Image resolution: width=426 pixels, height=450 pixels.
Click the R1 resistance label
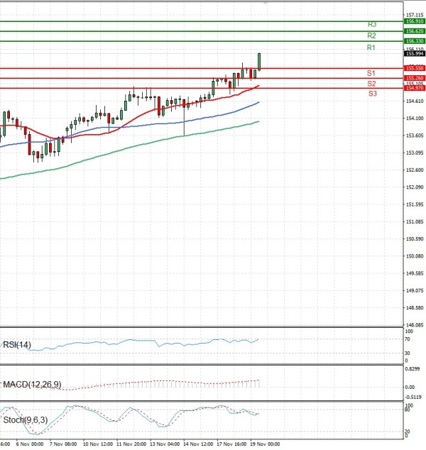tap(371, 48)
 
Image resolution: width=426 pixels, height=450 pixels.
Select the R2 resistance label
tap(371, 35)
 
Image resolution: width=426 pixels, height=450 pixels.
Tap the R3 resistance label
tap(371, 24)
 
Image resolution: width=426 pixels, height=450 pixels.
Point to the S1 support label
tap(371, 73)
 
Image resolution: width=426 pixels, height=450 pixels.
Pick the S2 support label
tap(371, 84)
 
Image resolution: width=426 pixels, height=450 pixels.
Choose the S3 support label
tap(372, 94)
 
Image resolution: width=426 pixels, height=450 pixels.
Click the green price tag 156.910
tap(414, 21)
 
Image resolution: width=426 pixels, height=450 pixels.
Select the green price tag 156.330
tap(414, 41)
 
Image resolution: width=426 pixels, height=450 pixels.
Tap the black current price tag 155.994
tap(414, 53)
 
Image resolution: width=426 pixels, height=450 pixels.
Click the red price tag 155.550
tap(414, 68)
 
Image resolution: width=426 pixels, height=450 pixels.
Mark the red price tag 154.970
tap(414, 88)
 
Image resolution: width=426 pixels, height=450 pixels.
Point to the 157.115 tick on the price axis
tap(415, 15)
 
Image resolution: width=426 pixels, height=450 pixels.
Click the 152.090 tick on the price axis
tap(415, 187)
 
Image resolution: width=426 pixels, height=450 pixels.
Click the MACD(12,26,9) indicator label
tap(31, 384)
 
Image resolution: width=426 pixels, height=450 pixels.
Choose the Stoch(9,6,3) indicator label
tap(26, 419)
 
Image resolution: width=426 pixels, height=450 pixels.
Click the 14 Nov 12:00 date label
tap(200, 444)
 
